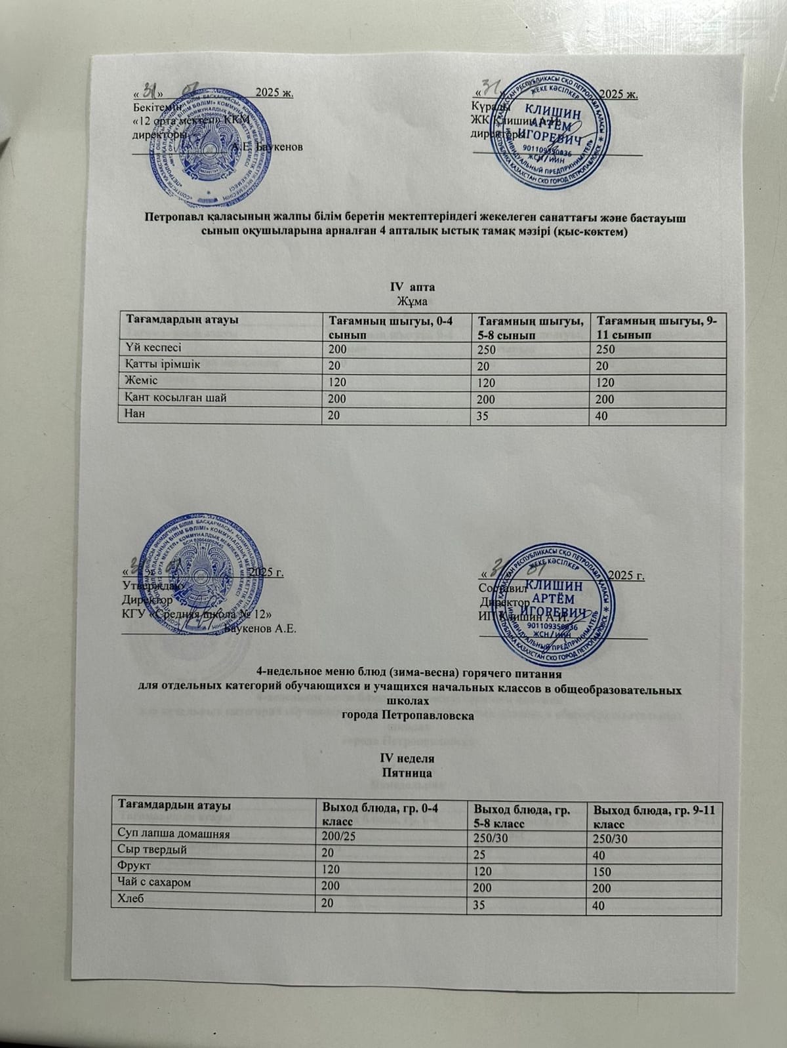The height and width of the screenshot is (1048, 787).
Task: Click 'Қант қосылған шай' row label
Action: pos(174,398)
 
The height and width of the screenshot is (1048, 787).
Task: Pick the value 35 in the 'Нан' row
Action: pos(483,415)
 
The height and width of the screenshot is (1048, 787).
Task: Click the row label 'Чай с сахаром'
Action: pos(154,883)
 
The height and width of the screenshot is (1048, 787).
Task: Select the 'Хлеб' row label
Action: pos(131,899)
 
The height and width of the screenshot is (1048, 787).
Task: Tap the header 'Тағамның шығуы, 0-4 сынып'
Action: pos(391,326)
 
